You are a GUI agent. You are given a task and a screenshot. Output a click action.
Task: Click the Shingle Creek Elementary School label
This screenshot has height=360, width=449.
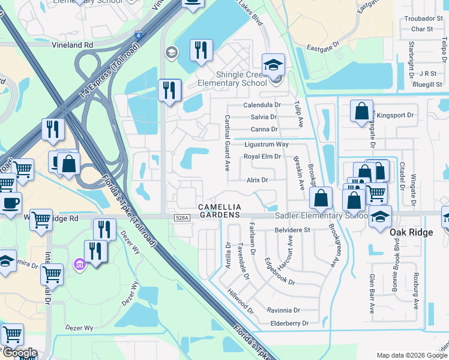click(x=242, y=79)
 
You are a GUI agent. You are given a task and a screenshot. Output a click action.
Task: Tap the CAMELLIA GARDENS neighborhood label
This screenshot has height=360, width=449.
click(x=220, y=211)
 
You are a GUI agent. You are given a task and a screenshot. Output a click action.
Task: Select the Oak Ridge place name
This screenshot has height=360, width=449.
click(x=411, y=232)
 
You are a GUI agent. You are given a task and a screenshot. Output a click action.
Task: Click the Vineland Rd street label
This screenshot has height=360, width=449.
click(x=72, y=45)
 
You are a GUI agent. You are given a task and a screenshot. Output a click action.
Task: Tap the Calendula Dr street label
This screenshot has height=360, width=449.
click(x=262, y=104)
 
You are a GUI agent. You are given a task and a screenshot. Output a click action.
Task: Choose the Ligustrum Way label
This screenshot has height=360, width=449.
click(x=267, y=145)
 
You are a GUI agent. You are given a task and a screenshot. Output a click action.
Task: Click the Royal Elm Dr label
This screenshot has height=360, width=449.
click(x=262, y=157)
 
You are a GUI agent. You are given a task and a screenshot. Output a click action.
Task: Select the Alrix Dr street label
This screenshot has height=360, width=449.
click(x=257, y=179)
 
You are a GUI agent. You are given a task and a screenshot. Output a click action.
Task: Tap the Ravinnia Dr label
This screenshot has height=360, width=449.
click(x=283, y=310)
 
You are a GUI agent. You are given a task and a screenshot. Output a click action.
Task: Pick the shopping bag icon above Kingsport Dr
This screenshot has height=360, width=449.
click(x=361, y=111)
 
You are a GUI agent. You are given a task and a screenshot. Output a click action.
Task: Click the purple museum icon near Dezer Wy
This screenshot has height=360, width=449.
click(x=79, y=264)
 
